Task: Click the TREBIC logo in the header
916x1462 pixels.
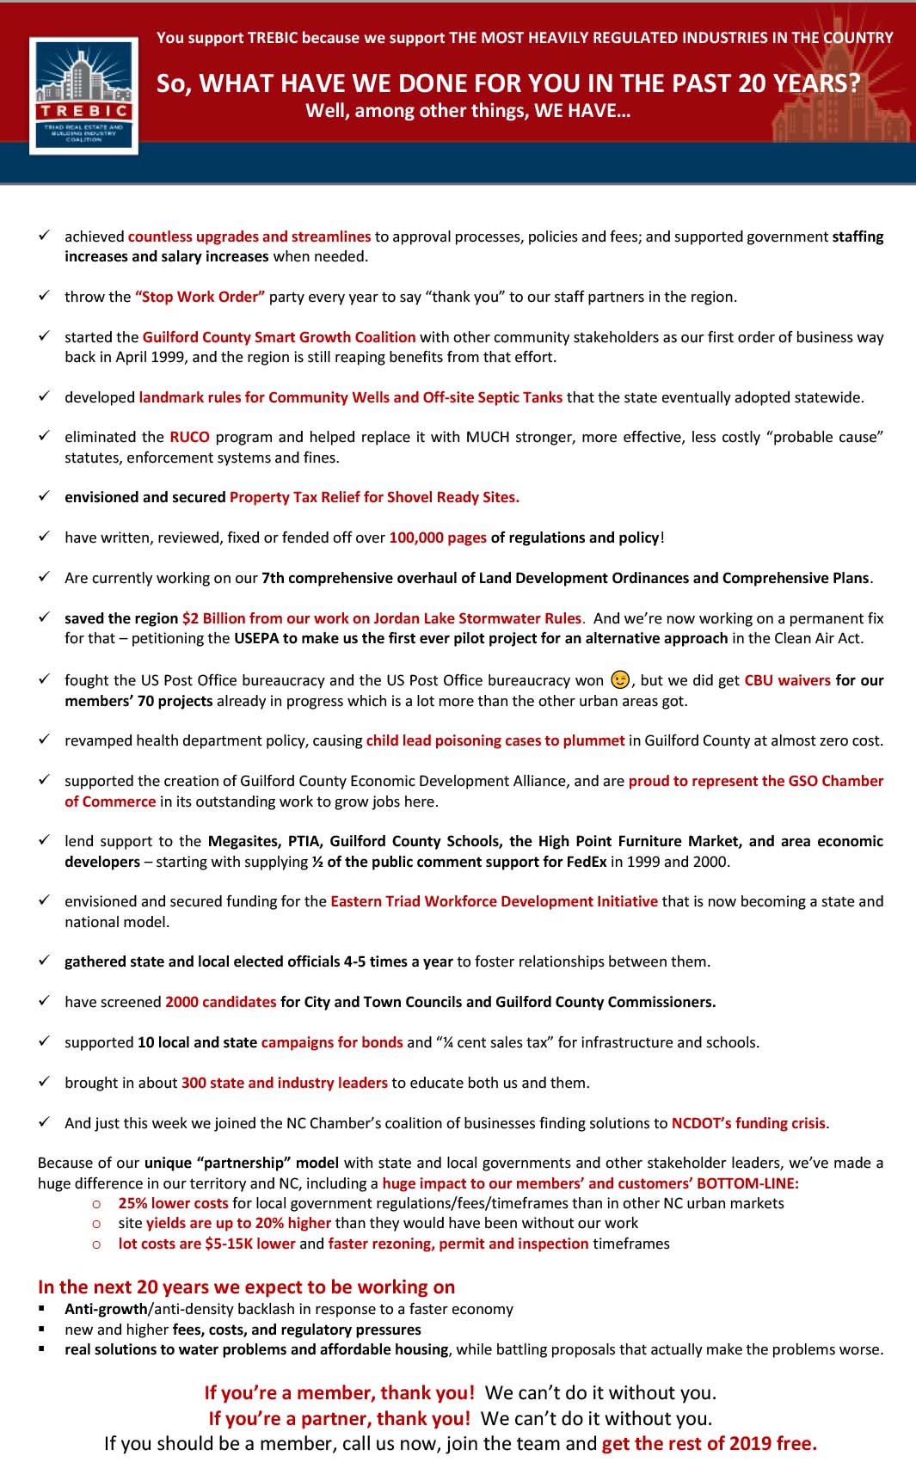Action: pyautogui.click(x=83, y=95)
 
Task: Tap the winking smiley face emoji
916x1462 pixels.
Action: pyautogui.click(x=620, y=679)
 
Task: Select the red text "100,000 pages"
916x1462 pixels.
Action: pyautogui.click(x=438, y=537)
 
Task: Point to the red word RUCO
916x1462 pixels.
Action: pyautogui.click(x=189, y=437)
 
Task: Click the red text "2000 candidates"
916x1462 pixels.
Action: pyautogui.click(x=220, y=1002)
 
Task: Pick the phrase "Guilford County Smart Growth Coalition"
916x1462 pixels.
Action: pyautogui.click(x=279, y=337)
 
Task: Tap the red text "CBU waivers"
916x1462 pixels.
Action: pyautogui.click(x=787, y=680)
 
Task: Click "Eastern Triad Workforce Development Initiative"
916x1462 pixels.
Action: pyautogui.click(x=494, y=901)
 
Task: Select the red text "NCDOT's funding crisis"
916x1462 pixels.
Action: pyautogui.click(x=748, y=1123)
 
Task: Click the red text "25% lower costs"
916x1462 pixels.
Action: pyautogui.click(x=173, y=1203)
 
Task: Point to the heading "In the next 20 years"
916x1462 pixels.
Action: pyautogui.click(x=246, y=1287)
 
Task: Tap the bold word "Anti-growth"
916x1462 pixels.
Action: pyautogui.click(x=106, y=1309)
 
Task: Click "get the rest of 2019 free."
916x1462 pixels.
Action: pyautogui.click(x=709, y=1443)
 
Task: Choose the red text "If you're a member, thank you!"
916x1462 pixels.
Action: pyautogui.click(x=339, y=1392)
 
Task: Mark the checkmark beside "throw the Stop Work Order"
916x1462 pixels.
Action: pyautogui.click(x=44, y=296)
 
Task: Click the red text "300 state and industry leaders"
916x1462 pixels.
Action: pyautogui.click(x=284, y=1083)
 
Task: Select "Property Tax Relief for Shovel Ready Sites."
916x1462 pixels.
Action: pyautogui.click(x=374, y=497)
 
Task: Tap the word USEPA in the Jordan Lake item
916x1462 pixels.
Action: pyautogui.click(x=256, y=638)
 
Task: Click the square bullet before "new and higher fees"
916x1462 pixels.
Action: pyautogui.click(x=41, y=1329)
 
